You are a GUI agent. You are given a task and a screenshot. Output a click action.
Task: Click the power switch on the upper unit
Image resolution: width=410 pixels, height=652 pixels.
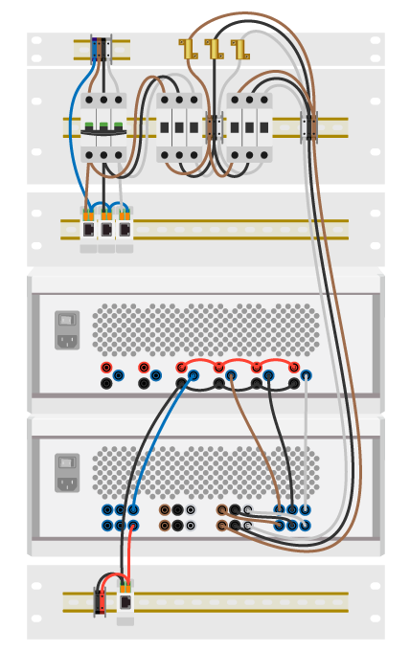tap(66, 321)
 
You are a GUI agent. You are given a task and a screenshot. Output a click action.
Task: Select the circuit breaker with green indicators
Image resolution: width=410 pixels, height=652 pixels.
tap(102, 126)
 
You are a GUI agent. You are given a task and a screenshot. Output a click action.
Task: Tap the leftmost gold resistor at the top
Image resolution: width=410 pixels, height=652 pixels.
tap(187, 48)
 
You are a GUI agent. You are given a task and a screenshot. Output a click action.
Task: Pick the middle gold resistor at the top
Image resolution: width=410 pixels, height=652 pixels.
tap(213, 48)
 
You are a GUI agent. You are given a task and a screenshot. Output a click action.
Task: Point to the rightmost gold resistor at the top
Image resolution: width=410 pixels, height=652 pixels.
tap(239, 48)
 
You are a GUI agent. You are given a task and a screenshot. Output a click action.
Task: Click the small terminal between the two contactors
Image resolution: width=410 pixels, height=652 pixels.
tap(215, 126)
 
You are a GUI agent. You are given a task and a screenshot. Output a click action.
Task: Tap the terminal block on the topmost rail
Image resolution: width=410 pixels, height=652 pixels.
tap(101, 49)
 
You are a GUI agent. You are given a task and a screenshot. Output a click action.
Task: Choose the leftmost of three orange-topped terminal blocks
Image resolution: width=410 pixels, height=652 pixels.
tap(88, 226)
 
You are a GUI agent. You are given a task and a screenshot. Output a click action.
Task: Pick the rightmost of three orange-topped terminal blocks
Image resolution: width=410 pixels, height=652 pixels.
tap(125, 226)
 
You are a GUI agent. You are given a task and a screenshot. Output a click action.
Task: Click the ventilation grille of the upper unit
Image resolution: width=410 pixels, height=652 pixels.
tap(205, 329)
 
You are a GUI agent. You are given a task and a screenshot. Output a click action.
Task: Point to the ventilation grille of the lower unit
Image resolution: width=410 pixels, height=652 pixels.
tap(205, 471)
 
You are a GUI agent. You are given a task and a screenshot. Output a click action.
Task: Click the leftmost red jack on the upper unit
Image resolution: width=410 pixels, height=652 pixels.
tap(105, 368)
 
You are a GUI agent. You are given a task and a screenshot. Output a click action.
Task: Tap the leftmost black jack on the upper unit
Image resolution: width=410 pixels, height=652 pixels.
tap(105, 384)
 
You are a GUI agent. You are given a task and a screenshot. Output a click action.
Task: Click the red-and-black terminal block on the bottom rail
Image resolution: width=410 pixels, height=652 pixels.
tap(100, 600)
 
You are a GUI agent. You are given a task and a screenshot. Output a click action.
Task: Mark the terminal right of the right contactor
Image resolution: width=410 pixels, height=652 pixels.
tap(308, 126)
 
